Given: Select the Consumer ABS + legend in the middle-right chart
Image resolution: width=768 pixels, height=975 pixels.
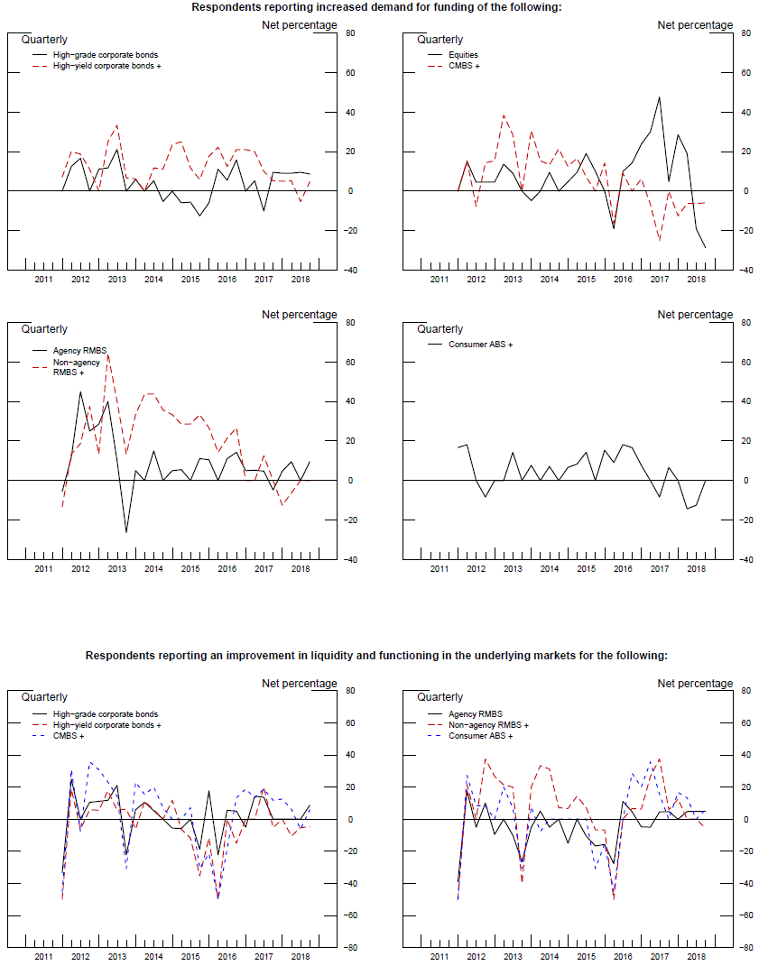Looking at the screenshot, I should click(482, 345).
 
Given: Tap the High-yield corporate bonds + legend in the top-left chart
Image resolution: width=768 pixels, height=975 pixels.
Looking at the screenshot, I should click(106, 66).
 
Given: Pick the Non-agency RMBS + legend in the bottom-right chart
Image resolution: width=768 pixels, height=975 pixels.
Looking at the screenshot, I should click(488, 725).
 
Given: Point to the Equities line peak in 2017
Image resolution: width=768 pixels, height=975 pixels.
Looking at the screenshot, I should click(659, 97).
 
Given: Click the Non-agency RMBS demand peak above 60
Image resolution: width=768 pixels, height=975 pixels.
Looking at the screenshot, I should click(107, 354).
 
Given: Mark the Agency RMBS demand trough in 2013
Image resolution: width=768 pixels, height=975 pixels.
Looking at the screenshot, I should click(126, 532).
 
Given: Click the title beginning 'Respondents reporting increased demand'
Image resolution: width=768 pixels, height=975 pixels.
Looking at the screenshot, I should click(376, 7).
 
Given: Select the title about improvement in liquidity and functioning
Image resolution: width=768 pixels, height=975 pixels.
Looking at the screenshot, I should click(376, 655).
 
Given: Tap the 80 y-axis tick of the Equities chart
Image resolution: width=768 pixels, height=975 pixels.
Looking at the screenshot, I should click(745, 33).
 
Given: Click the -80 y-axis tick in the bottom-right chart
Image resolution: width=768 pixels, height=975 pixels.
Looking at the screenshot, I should click(745, 948).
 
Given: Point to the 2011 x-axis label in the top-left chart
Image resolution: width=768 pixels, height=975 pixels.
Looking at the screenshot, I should click(43, 281).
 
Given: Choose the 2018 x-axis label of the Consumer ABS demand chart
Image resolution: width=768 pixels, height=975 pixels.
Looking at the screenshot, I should click(697, 569).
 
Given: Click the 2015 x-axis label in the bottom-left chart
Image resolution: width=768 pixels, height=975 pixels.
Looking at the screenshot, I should click(190, 957).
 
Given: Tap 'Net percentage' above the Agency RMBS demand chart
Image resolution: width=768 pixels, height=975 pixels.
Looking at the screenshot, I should click(299, 315).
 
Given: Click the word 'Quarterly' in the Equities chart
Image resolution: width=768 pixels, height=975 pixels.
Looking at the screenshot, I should click(440, 40).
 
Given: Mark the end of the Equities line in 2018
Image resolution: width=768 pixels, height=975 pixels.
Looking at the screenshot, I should click(706, 248).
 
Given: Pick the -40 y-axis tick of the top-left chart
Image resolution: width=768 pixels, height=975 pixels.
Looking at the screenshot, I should click(350, 271).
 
